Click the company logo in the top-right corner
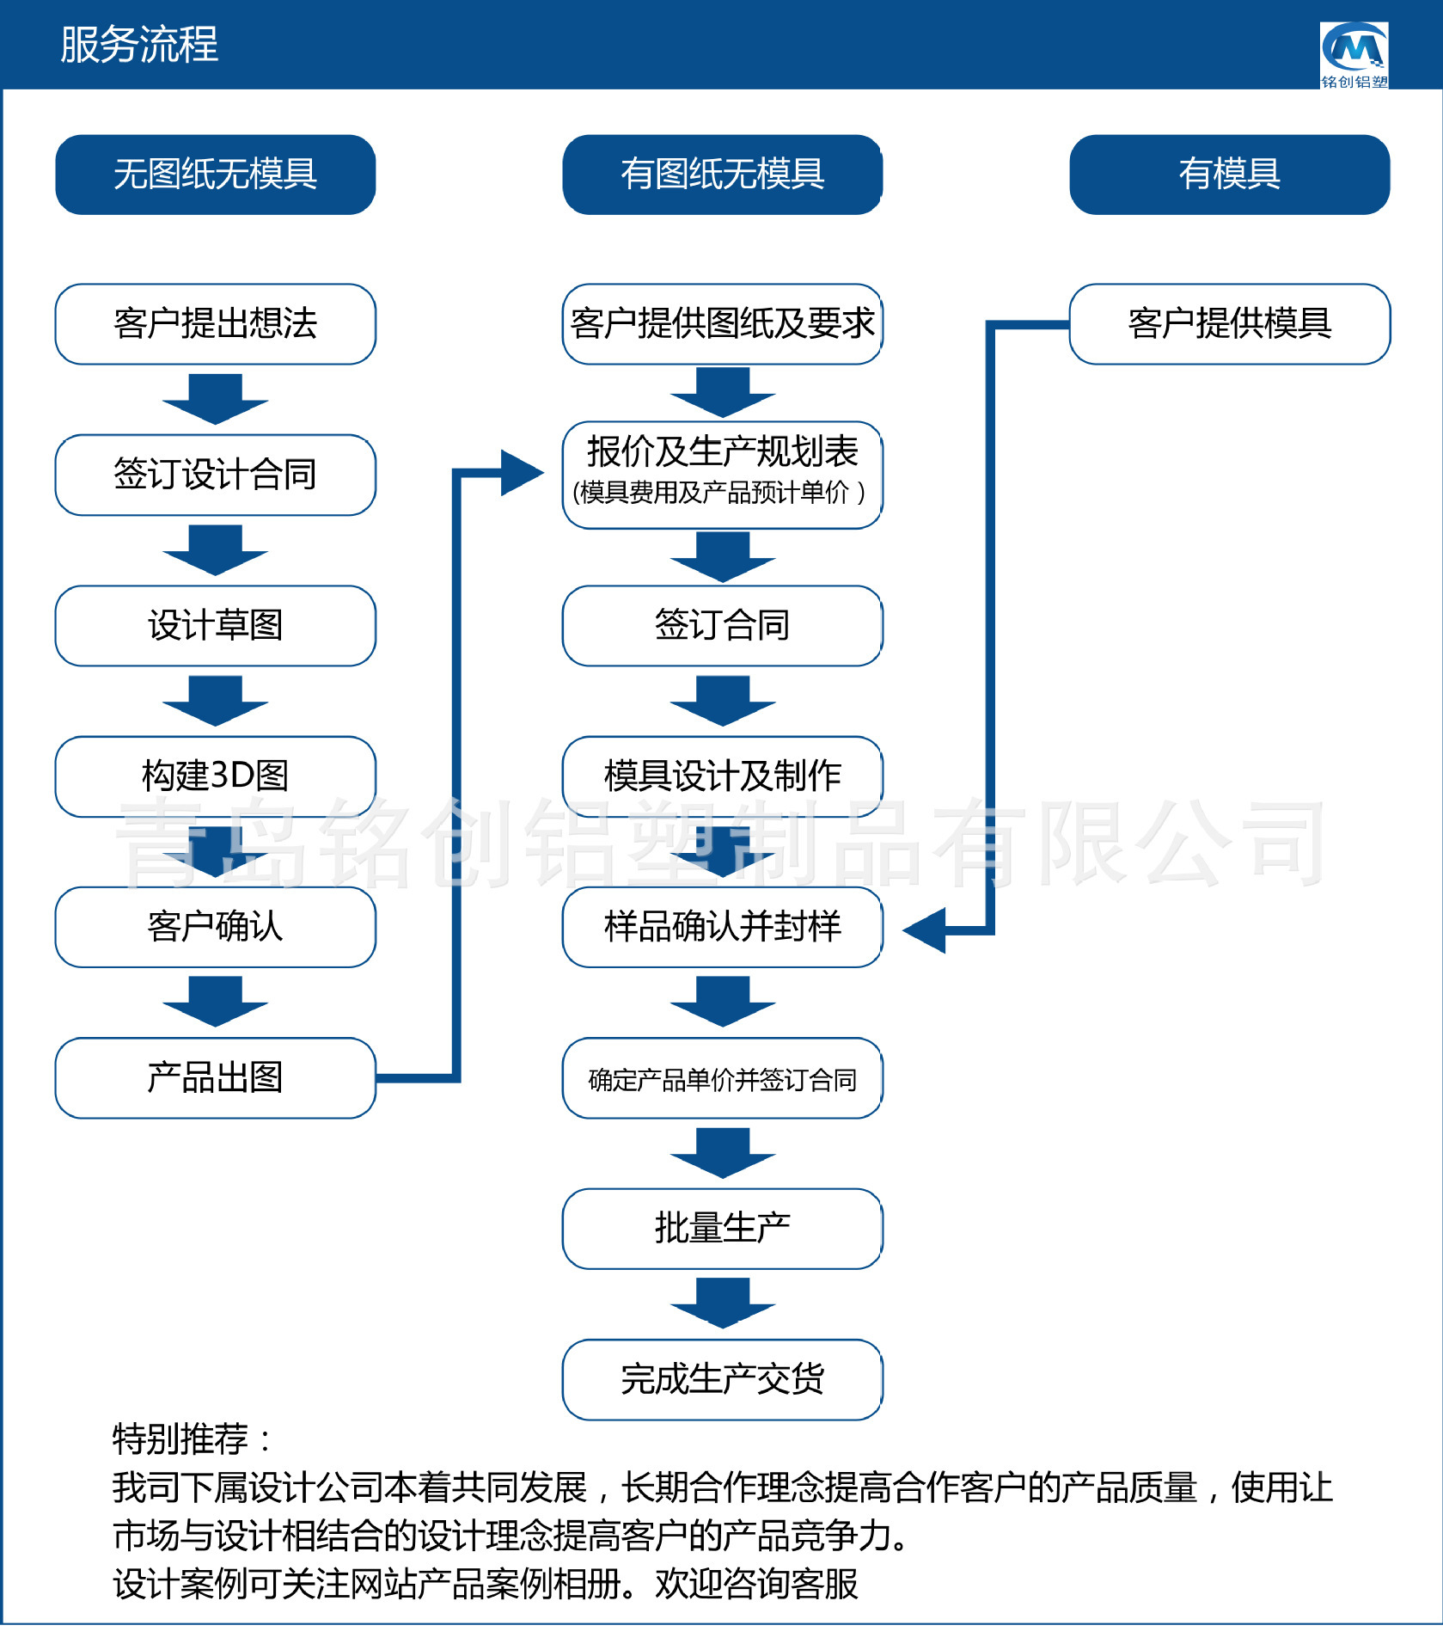click(1354, 54)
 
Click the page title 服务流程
click(139, 45)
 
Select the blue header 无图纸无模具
click(215, 175)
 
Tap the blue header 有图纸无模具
click(722, 175)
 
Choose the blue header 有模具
click(1229, 175)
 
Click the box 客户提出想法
click(215, 324)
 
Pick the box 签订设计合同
click(215, 475)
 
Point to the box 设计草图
click(215, 625)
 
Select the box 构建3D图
click(215, 776)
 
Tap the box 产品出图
click(215, 1077)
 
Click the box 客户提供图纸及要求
click(722, 324)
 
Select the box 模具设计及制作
click(722, 776)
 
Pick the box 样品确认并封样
click(722, 927)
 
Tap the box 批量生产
click(722, 1228)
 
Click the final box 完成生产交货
click(722, 1379)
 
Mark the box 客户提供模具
click(1229, 324)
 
